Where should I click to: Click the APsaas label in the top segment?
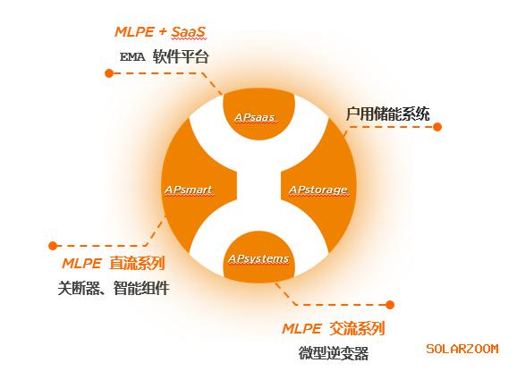[x=255, y=118]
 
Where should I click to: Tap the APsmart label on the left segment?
[x=189, y=190]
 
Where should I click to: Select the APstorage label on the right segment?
[x=318, y=190]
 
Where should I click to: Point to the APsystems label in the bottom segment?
[x=258, y=258]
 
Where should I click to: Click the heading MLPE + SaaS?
[x=160, y=32]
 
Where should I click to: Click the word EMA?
[x=132, y=57]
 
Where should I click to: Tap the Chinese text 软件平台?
[x=181, y=56]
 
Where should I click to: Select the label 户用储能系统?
[x=388, y=114]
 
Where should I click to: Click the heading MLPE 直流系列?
[x=114, y=264]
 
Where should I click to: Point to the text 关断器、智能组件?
[x=114, y=288]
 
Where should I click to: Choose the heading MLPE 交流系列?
[x=334, y=328]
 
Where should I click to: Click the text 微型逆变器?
[x=334, y=353]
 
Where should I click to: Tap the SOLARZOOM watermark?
[x=462, y=349]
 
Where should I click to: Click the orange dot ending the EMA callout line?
[x=109, y=73]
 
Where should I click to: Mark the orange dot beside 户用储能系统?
[x=437, y=127]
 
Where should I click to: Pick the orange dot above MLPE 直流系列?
[x=53, y=246]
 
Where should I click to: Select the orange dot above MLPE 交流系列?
[x=390, y=305]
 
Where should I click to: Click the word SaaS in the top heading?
[x=188, y=32]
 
